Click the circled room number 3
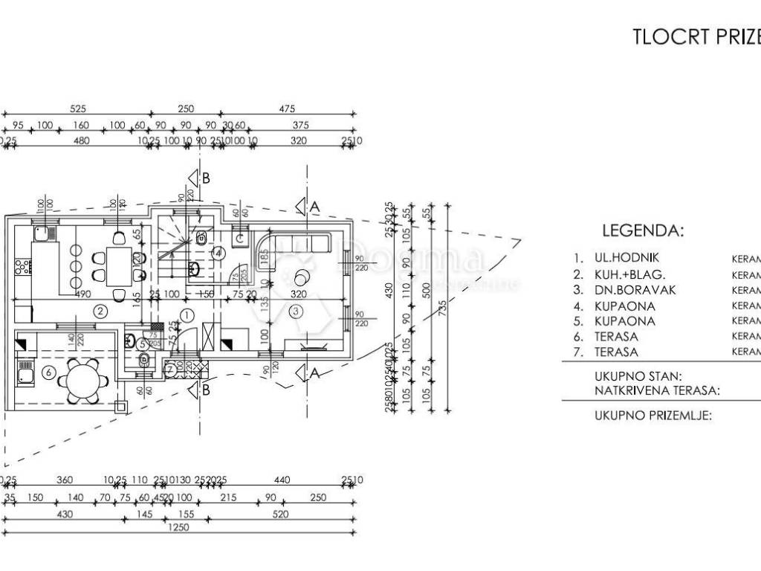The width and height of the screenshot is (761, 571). (296, 311)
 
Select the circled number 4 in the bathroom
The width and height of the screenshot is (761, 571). (218, 253)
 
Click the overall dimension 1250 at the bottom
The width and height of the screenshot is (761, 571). (177, 527)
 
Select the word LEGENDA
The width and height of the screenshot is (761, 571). (643, 230)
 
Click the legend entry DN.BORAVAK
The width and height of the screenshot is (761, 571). (635, 290)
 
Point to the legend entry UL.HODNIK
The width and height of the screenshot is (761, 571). (626, 258)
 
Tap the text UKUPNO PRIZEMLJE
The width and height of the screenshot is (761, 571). (653, 416)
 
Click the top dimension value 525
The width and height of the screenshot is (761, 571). (77, 109)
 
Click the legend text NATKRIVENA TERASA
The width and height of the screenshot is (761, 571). (656, 389)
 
